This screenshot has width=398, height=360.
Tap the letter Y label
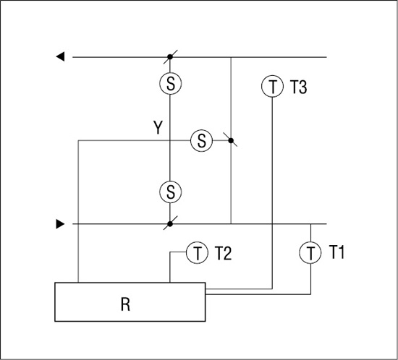point(158,127)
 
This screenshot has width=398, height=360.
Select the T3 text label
point(298,87)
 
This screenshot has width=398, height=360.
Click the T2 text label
point(224,253)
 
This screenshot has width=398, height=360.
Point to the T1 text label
point(336,252)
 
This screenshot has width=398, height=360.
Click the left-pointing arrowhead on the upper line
point(60,56)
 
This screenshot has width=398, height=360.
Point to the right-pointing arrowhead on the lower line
point(60,224)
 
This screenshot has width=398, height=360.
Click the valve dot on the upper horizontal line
point(170,57)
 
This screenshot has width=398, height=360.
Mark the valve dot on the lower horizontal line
point(170,224)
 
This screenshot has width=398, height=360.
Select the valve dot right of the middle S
point(231,140)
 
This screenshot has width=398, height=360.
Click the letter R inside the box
point(125,304)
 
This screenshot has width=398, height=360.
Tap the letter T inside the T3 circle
point(273,87)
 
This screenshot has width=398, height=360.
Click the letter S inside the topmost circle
point(171,84)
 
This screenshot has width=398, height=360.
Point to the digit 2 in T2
point(228,253)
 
